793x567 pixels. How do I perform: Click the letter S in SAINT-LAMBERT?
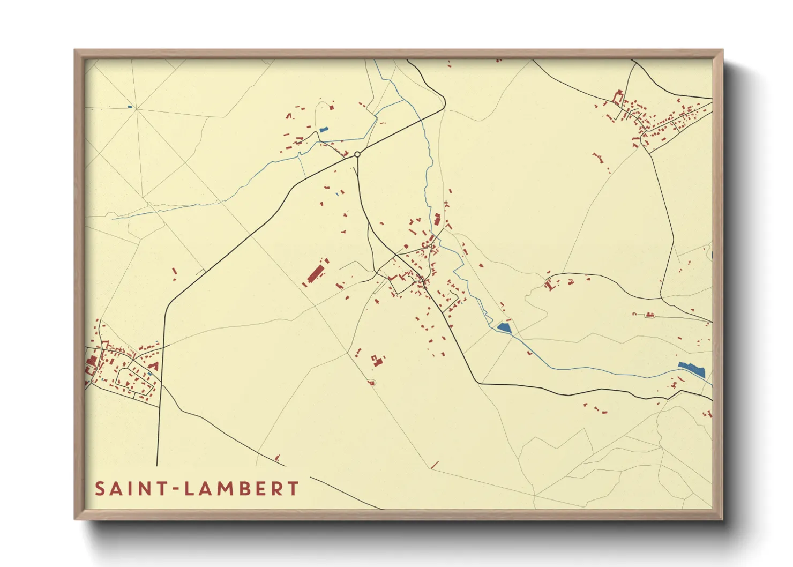100,489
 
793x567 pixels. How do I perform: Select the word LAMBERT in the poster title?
242,489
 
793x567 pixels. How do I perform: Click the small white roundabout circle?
357,154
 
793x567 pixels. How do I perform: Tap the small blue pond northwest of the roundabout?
323,129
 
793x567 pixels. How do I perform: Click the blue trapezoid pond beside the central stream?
504,327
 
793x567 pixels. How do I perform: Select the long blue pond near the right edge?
691,369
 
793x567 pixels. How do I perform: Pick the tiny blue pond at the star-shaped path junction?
130,107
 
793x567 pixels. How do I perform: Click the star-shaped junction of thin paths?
136,109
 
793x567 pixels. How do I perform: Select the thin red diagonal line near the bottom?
435,465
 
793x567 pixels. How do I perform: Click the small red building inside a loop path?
370,382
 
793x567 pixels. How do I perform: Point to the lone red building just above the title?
277,458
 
